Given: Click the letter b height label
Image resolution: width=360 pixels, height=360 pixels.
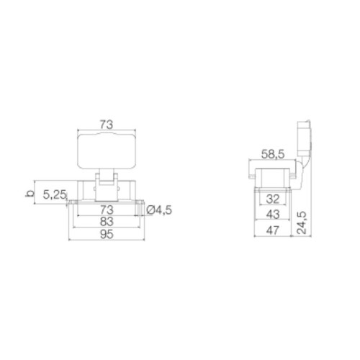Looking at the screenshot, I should (28, 193).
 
